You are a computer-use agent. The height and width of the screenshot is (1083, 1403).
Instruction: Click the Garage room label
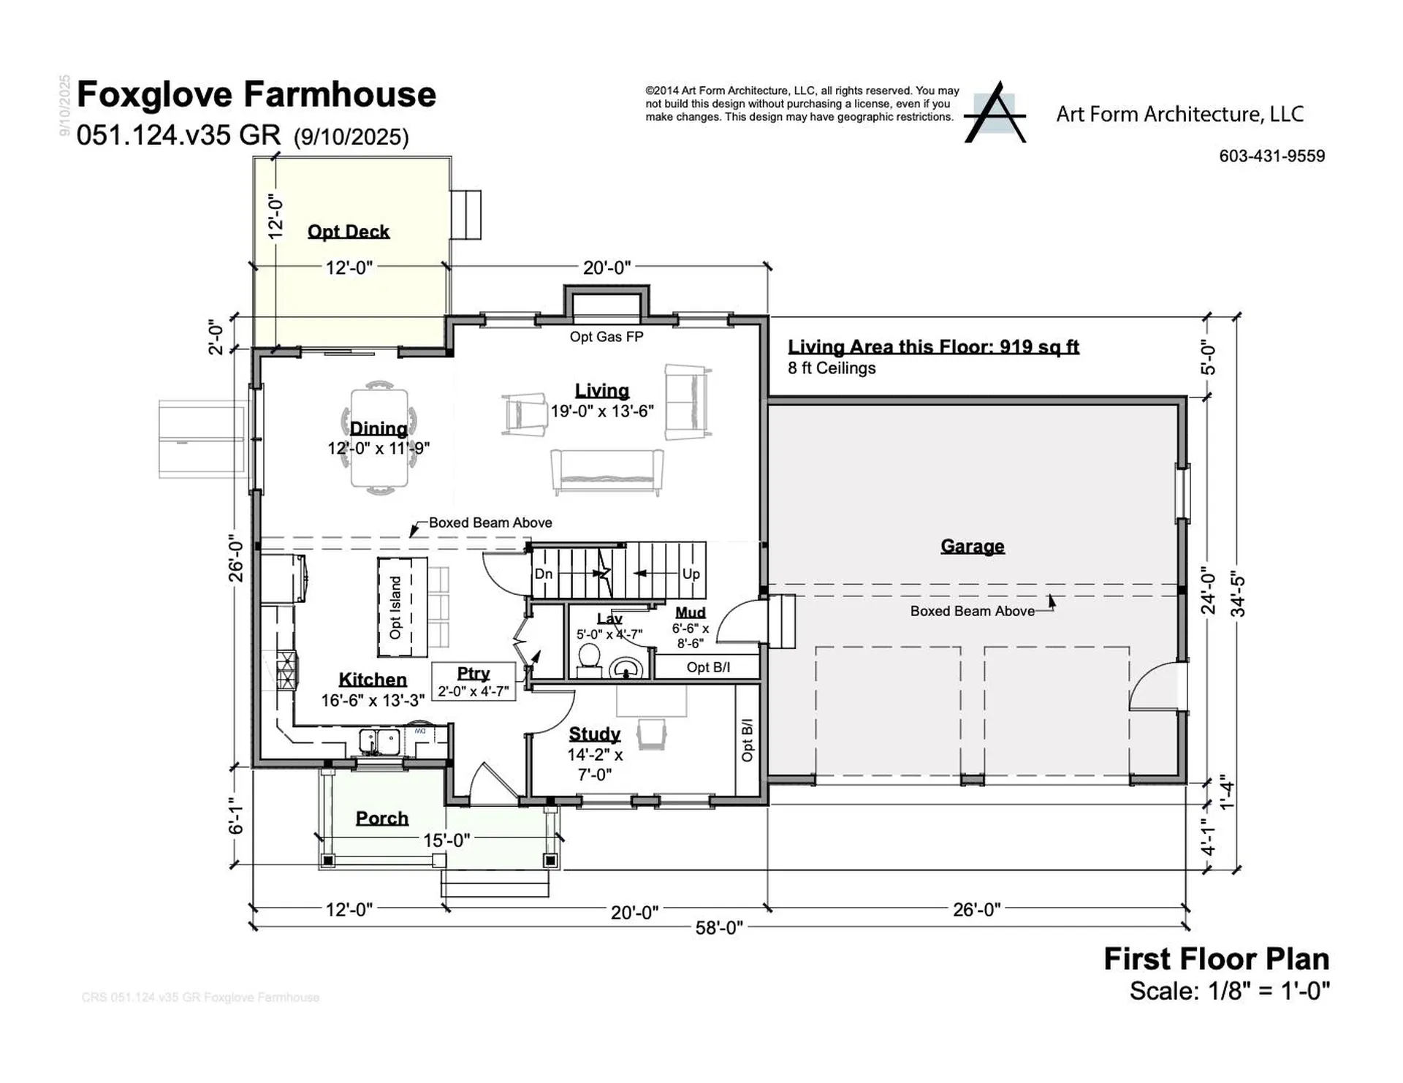point(972,546)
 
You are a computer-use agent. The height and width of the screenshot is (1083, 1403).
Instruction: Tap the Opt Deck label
point(349,231)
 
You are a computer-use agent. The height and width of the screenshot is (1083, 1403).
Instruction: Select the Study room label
point(594,734)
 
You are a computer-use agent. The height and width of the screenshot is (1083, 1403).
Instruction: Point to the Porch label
point(382,818)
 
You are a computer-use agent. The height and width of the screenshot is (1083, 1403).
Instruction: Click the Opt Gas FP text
point(607,336)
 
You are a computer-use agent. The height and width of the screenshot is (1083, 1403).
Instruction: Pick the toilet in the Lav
point(588,661)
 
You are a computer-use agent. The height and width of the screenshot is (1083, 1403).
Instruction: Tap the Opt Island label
point(395,607)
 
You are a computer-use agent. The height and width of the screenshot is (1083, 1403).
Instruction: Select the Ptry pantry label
point(474,673)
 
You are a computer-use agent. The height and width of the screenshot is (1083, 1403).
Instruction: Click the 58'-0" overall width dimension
point(719,927)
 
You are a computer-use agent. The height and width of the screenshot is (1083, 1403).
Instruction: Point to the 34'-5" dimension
point(1238,593)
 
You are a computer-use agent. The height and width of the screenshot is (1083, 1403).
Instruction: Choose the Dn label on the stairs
point(544,574)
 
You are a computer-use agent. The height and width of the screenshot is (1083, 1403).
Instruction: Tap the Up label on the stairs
point(691,574)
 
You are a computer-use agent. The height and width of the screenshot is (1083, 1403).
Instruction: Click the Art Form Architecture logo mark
point(995,113)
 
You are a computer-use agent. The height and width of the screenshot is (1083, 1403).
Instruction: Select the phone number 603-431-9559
point(1272,156)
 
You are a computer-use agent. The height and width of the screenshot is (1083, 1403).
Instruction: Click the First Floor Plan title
point(1216,959)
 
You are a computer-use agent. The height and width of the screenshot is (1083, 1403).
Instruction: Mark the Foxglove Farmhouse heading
point(256,94)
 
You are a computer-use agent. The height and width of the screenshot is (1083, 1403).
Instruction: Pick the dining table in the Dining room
point(379,438)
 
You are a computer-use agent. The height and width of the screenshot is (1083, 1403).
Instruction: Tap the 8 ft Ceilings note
point(832,368)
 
